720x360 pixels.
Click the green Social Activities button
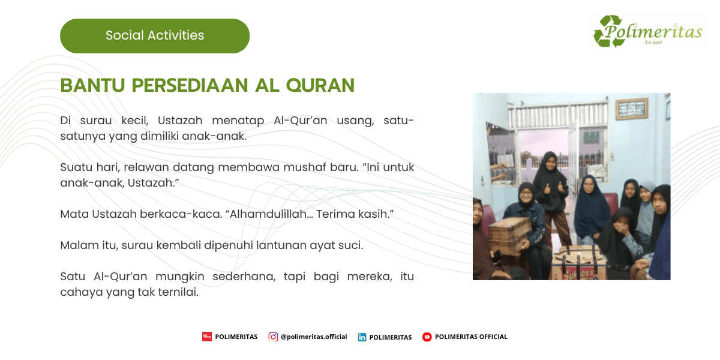[x=155, y=36]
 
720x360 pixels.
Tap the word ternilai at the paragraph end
[x=178, y=292]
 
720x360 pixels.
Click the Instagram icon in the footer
[x=273, y=337]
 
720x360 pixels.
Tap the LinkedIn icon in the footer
[x=362, y=337]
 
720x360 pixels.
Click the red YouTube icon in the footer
[x=427, y=337]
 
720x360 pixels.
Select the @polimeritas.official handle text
[x=314, y=337]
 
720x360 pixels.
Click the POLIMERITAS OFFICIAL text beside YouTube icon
[x=471, y=337]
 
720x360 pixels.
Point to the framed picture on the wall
[x=632, y=109]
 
